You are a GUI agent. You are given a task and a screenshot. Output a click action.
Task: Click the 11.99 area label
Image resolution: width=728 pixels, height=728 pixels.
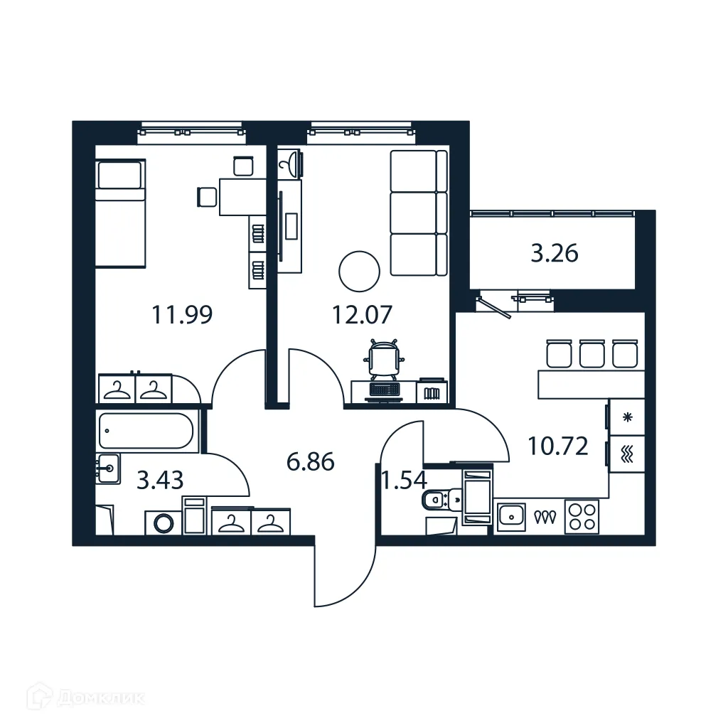(182, 314)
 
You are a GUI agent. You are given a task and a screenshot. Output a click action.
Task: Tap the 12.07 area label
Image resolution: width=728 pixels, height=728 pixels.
(363, 314)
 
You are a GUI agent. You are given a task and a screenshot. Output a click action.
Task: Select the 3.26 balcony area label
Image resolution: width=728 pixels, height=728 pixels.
(555, 253)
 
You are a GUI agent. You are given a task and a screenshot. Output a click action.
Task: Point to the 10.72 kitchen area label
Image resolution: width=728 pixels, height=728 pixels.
(557, 446)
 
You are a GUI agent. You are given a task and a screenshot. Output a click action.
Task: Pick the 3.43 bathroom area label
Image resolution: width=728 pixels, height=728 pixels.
(160, 481)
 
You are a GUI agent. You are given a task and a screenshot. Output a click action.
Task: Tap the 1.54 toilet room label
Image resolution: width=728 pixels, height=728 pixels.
(404, 481)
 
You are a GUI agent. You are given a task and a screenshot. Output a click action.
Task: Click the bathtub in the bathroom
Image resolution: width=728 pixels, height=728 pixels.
(146, 431)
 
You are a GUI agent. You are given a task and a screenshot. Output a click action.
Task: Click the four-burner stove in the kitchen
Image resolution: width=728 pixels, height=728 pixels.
(582, 516)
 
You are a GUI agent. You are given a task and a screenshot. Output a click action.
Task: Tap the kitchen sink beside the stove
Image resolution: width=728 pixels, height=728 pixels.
(510, 516)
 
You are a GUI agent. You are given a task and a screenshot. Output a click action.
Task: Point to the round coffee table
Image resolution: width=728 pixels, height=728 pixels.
(359, 271)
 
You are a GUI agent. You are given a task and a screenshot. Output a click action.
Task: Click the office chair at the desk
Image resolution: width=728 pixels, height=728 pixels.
(385, 358)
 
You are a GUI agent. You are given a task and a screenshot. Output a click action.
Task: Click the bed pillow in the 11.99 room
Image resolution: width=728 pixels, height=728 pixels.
(120, 175)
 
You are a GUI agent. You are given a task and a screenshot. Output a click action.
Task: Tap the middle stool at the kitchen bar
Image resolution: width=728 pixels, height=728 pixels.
(591, 353)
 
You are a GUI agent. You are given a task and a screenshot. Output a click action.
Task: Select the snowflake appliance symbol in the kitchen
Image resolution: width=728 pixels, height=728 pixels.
(627, 417)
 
